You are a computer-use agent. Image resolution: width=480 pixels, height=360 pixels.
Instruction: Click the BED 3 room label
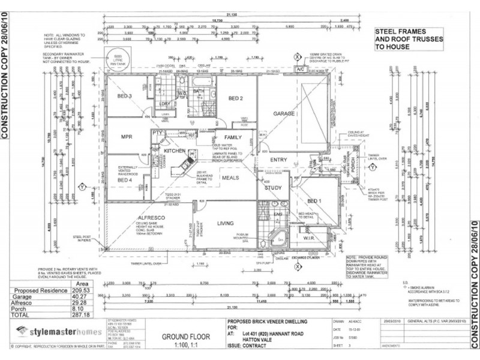tap(124, 97)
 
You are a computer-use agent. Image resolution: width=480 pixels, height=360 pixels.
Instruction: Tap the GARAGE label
tap(284, 113)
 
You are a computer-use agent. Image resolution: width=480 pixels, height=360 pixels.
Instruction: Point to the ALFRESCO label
tap(134, 220)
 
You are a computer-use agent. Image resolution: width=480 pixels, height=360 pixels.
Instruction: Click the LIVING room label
tap(226, 223)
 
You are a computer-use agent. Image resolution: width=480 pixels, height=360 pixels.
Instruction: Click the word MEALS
tap(231, 178)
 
